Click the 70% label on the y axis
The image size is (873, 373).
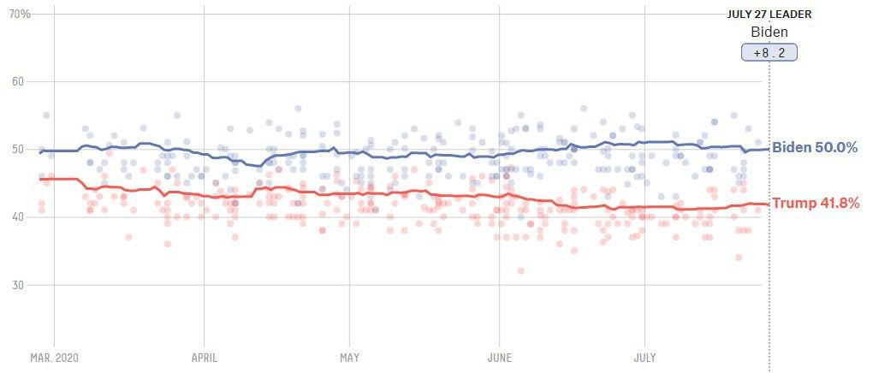click(20, 15)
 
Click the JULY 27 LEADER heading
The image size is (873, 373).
click(769, 14)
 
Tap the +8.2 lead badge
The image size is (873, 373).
click(769, 53)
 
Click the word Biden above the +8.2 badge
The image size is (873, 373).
click(769, 33)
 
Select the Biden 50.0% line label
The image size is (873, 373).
click(815, 147)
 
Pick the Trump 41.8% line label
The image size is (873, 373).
click(816, 204)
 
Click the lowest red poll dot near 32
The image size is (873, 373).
click(520, 271)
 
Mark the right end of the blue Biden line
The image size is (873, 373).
click(768, 149)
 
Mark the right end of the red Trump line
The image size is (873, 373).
click(768, 204)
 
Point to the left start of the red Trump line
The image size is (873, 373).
click(39, 179)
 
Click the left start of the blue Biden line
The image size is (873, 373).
click(39, 152)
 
